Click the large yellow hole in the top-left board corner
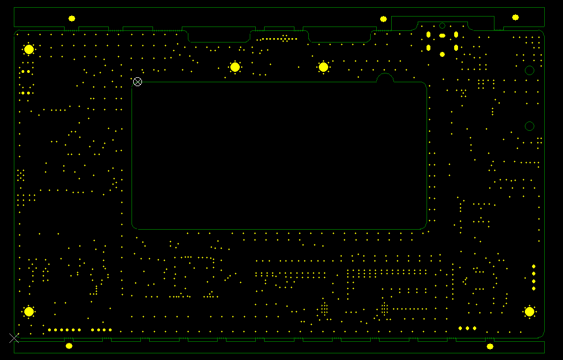[29, 49]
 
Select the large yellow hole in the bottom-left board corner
[29, 311]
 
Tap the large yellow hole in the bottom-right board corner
[529, 311]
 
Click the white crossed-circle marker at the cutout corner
[138, 82]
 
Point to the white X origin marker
[14, 338]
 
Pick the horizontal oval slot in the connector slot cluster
[442, 36]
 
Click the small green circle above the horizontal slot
[442, 25]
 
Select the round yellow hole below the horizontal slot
[442, 54]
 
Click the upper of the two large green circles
[529, 70]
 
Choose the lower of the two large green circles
[529, 126]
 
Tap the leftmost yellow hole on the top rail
[72, 18]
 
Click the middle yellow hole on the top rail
[383, 19]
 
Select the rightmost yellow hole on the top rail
[515, 17]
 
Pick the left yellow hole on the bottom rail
[69, 346]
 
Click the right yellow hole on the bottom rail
[490, 346]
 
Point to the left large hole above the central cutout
[235, 67]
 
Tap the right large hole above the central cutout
[323, 67]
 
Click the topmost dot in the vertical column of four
[534, 267]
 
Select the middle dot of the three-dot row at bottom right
[467, 328]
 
